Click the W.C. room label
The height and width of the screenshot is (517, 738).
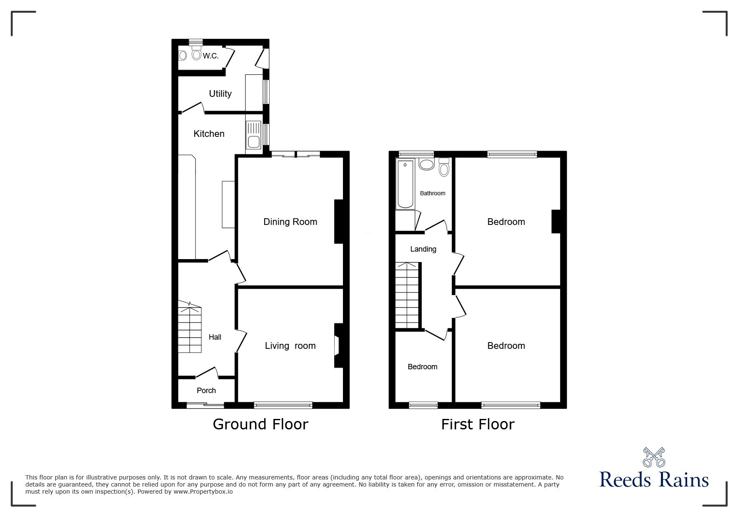coord(211,56)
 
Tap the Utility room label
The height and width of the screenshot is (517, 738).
coord(220,94)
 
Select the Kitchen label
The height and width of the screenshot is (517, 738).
coord(209,134)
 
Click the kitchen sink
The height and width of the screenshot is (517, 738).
coord(253,135)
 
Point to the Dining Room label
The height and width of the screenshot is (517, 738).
coord(290,222)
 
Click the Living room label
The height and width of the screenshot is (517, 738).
coord(290,346)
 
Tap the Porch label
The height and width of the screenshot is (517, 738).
coord(206,391)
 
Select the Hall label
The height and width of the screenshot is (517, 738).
coord(215,337)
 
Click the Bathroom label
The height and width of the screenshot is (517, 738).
coord(433,194)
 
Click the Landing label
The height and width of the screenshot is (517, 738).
coord(423,249)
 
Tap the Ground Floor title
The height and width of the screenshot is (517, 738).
coord(260,424)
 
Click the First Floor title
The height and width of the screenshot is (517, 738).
coord(478,425)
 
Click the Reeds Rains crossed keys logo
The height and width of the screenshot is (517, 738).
coord(654,457)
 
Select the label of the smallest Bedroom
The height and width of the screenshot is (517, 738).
coord(422,367)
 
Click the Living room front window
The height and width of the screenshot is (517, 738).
coord(283,404)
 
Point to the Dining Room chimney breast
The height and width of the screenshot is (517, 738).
coord(338,222)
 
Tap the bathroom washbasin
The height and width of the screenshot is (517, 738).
coord(426,164)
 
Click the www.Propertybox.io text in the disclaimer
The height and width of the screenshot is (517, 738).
coord(203,492)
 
